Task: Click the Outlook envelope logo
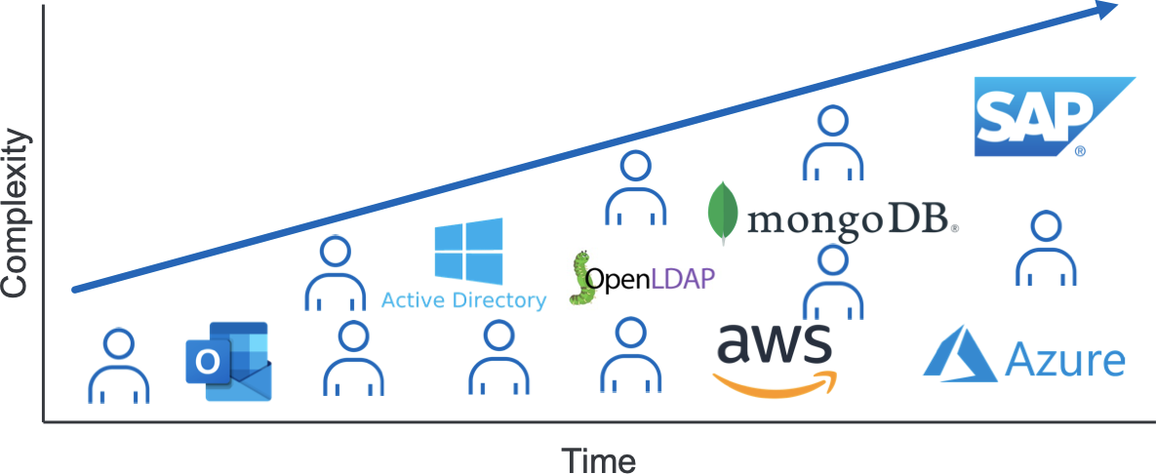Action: coord(227,361)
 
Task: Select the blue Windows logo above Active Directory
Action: coord(468,251)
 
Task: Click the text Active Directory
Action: coord(463,300)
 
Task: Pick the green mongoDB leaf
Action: coord(723,213)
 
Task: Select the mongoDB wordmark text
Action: coord(852,219)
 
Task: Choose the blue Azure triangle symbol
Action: coord(960,353)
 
